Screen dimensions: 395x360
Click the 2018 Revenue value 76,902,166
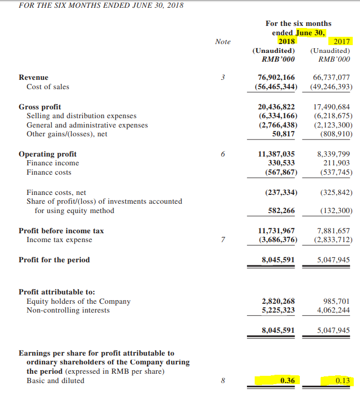pos(276,77)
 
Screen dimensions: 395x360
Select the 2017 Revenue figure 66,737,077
pos(332,77)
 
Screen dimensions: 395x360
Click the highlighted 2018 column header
pos(286,41)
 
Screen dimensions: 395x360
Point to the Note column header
pos(223,41)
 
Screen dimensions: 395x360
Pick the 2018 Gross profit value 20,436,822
pos(276,107)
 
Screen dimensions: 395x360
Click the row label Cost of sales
pos(48,87)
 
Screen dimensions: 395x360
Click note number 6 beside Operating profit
pos(223,154)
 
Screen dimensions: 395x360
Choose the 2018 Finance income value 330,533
pos(281,163)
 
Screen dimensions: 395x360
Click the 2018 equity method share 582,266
pos(281,210)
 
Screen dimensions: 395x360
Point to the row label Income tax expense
pos(59,239)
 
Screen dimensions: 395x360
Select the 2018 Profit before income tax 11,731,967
pos(276,230)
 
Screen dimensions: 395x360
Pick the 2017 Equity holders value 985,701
pos(337,301)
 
